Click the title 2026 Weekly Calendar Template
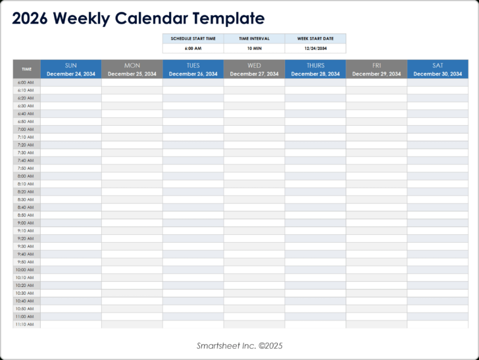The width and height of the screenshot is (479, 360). [x=138, y=18]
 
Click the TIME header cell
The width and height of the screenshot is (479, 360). [x=26, y=69]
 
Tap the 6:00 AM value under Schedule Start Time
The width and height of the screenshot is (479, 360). [x=193, y=48]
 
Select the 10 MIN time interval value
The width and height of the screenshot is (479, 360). [x=254, y=48]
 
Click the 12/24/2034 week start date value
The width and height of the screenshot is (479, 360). [x=315, y=48]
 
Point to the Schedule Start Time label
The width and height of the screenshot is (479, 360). [x=193, y=39]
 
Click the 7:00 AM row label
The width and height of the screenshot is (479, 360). [x=26, y=129]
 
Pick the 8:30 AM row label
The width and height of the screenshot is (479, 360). [x=26, y=199]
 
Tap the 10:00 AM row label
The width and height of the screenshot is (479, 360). [x=26, y=270]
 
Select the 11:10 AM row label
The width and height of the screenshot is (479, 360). [x=26, y=324]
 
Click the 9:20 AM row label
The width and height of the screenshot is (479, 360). [x=26, y=238]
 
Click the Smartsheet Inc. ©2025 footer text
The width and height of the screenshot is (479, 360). [x=239, y=346]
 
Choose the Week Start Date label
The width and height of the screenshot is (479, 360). [x=315, y=39]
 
